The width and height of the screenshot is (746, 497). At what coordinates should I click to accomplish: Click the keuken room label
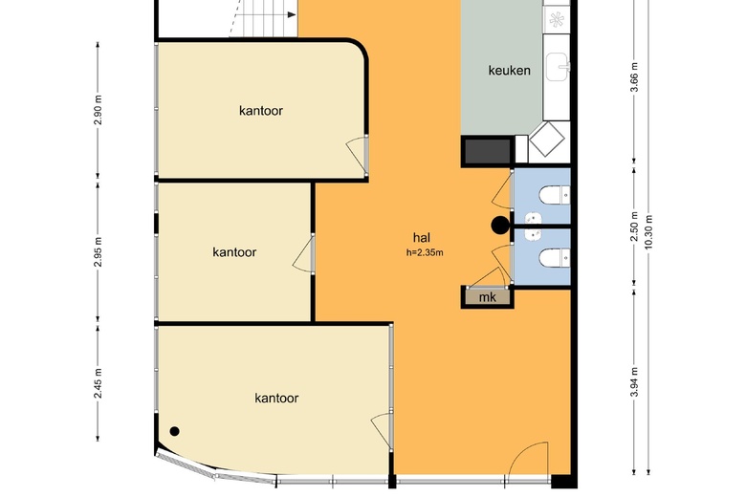pyautogui.click(x=509, y=71)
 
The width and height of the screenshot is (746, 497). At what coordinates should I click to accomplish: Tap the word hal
pyautogui.click(x=422, y=237)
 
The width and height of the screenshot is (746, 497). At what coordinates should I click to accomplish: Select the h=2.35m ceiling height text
pyautogui.click(x=425, y=252)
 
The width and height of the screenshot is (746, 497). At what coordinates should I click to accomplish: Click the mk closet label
pyautogui.click(x=487, y=297)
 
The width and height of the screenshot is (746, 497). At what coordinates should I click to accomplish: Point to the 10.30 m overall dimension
pyautogui.click(x=648, y=232)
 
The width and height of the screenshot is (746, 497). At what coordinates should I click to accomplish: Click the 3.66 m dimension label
pyautogui.click(x=634, y=77)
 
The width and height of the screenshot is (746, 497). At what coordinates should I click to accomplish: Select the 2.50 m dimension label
pyautogui.click(x=634, y=226)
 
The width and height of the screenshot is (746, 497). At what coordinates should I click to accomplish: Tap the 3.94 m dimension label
pyautogui.click(x=634, y=382)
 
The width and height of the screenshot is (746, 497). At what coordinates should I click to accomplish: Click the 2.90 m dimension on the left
pyautogui.click(x=98, y=110)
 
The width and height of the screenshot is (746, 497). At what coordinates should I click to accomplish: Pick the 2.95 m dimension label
pyautogui.click(x=98, y=250)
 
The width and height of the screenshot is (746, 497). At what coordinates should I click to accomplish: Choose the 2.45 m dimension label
pyautogui.click(x=98, y=383)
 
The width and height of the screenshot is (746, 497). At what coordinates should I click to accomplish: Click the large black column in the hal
pyautogui.click(x=500, y=226)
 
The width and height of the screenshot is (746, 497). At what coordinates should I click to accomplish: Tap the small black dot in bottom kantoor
pyautogui.click(x=175, y=431)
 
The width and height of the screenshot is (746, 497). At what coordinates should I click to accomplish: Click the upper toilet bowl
pyautogui.click(x=551, y=195)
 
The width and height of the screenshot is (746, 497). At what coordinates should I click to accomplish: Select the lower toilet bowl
pyautogui.click(x=551, y=258)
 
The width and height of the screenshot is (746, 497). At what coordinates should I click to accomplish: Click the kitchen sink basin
pyautogui.click(x=557, y=67)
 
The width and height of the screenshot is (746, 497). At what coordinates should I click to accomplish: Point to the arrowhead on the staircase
pyautogui.click(x=291, y=15)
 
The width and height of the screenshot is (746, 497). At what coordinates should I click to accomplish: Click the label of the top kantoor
pyautogui.click(x=261, y=111)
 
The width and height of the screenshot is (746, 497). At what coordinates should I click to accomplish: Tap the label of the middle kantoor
pyautogui.click(x=234, y=252)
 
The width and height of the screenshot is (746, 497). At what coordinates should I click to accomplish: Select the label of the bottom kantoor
pyautogui.click(x=276, y=398)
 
